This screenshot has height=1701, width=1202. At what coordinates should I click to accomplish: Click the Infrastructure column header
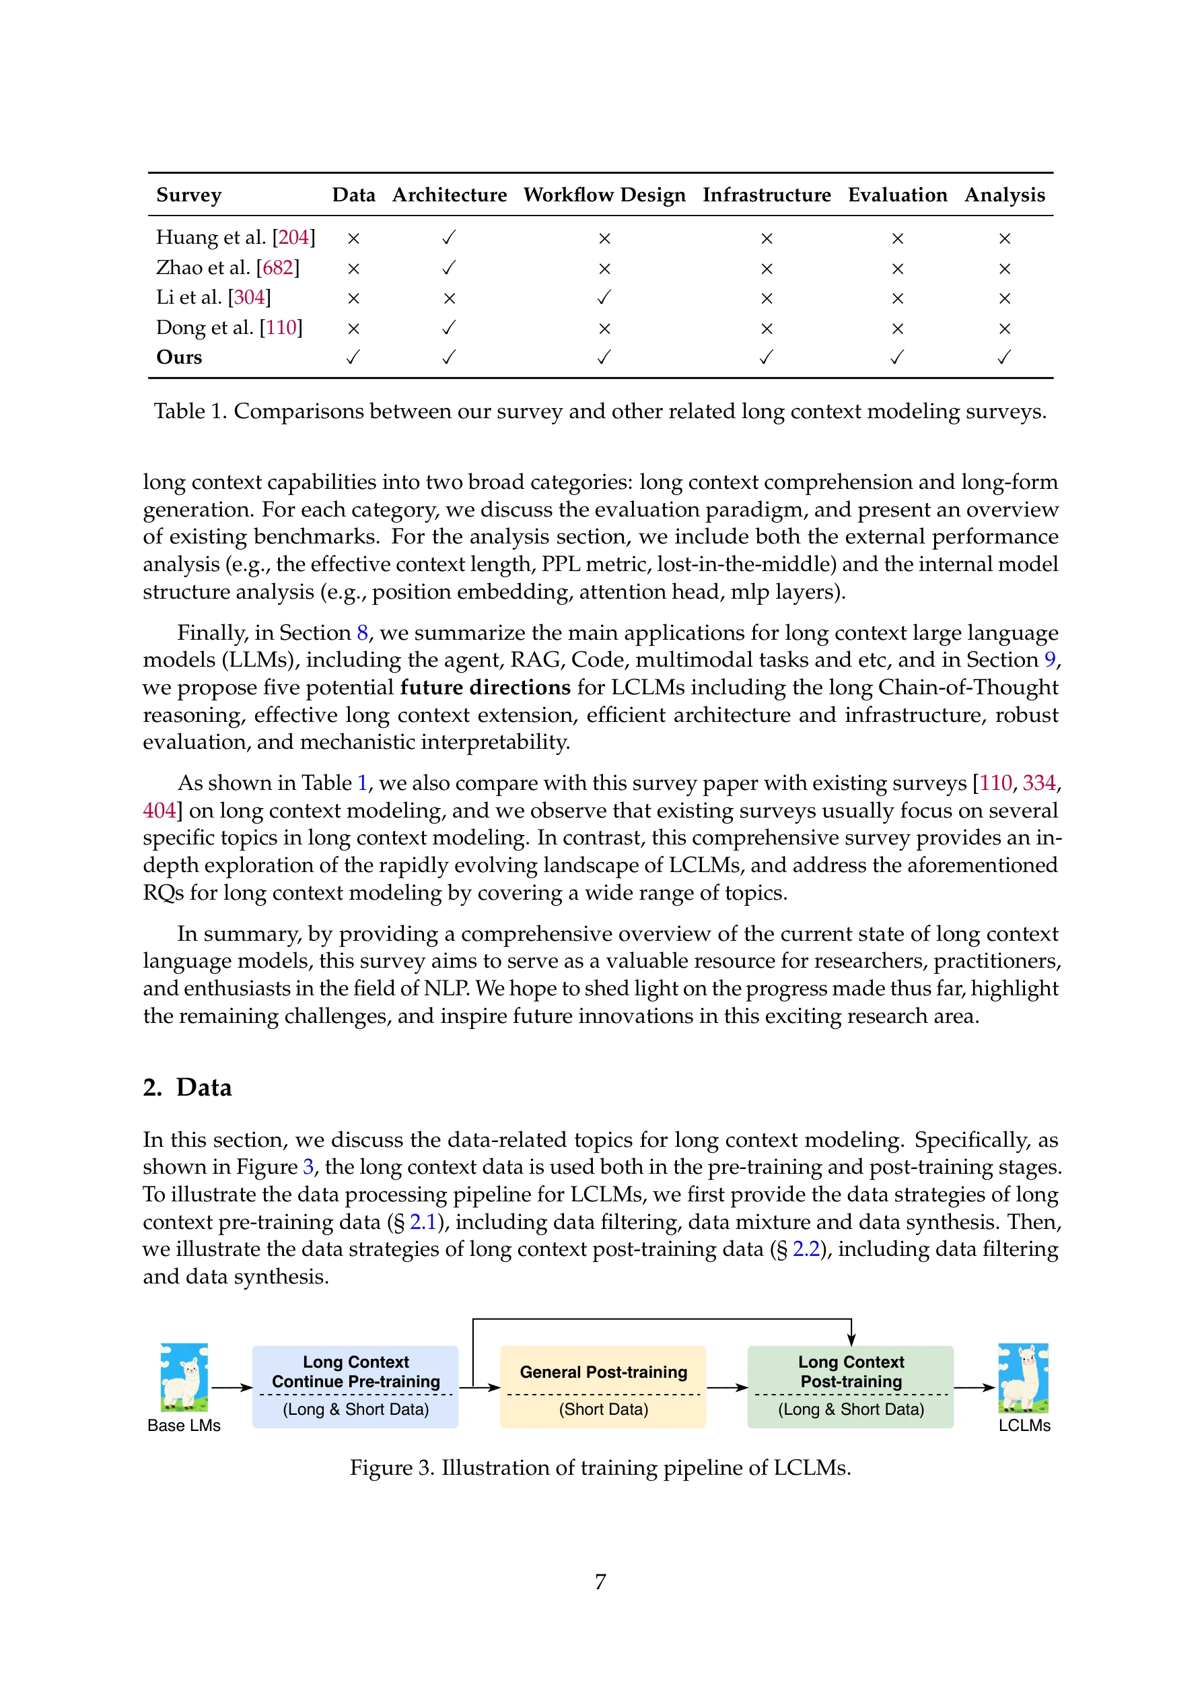coord(766,195)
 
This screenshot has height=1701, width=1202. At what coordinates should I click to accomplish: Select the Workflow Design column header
coord(604,195)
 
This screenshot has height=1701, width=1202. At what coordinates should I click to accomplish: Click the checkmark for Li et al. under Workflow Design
coord(604,297)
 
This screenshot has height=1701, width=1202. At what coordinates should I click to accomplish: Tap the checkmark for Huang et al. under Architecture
coord(449,237)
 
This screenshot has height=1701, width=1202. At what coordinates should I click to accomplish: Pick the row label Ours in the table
coord(179,357)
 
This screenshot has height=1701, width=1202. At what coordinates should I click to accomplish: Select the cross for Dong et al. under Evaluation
coord(897,328)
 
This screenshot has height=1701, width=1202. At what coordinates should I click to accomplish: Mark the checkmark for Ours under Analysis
coord(1003,357)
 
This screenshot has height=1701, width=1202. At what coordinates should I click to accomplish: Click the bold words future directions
coord(485,688)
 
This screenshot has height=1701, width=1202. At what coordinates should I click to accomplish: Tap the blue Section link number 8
coord(362,633)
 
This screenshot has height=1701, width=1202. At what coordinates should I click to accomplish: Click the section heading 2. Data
coord(187,1087)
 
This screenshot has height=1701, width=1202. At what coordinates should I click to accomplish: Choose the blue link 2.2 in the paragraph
coord(806,1249)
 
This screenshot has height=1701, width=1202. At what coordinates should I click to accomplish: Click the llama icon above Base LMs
coord(184,1377)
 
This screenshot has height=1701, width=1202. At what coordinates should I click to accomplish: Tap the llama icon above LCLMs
coord(1023,1377)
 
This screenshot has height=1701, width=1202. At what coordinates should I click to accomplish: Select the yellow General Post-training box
coord(603,1387)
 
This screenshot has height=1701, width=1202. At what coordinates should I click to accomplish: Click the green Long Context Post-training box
coord(850,1387)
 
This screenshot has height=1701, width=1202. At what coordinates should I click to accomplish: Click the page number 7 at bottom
coord(600,1582)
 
